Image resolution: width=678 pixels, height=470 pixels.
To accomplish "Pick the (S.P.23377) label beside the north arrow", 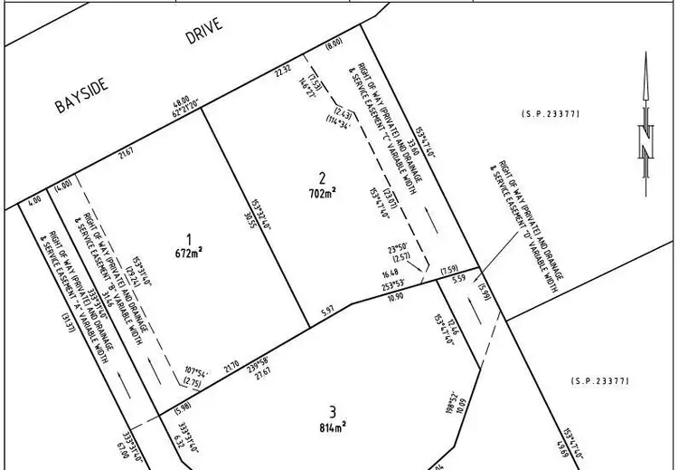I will [x=551, y=113].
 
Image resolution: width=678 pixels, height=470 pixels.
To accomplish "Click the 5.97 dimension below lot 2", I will [x=330, y=312].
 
